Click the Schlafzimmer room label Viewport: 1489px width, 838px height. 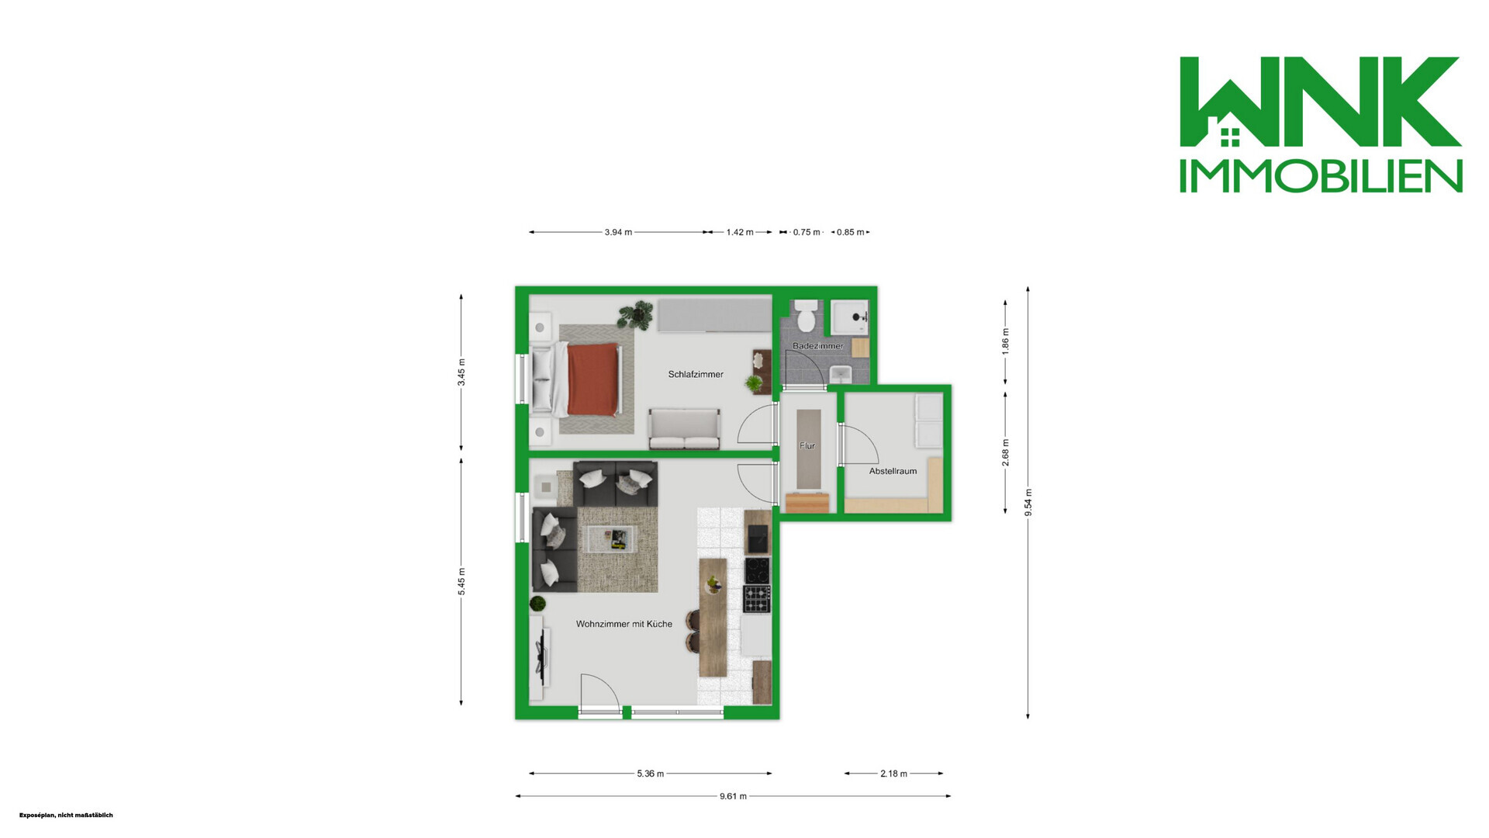click(696, 374)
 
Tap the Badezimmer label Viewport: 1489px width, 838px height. click(817, 346)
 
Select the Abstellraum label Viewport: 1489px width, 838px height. click(893, 471)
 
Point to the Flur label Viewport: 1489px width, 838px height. click(807, 446)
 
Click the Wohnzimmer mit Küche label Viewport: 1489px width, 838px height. click(624, 624)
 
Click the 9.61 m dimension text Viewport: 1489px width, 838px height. click(733, 796)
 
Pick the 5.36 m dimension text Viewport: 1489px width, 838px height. click(651, 774)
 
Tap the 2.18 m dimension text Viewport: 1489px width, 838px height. click(893, 774)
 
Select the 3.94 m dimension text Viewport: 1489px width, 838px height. click(618, 232)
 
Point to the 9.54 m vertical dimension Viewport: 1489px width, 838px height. click(1028, 502)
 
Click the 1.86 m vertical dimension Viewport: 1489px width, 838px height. click(1006, 341)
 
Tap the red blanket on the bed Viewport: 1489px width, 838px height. click(593, 379)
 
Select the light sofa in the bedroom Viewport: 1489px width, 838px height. click(685, 429)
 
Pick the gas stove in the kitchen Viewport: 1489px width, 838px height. click(758, 599)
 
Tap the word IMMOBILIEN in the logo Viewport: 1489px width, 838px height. click(1321, 176)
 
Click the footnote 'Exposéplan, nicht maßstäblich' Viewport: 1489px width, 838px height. click(66, 815)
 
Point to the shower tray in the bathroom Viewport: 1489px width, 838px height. click(850, 318)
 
